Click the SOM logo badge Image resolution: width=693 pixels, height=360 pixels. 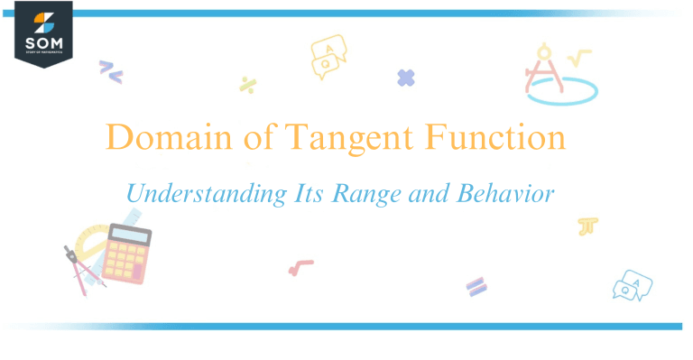pyautogui.click(x=42, y=33)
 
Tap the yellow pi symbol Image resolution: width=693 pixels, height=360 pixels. pyautogui.click(x=589, y=226)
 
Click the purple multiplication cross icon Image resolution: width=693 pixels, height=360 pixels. pyautogui.click(x=406, y=78)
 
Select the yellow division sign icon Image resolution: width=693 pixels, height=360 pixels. pyautogui.click(x=247, y=85)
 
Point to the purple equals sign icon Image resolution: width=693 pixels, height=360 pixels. pyautogui.click(x=476, y=286)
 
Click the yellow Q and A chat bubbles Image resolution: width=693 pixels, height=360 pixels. pyautogui.click(x=328, y=56)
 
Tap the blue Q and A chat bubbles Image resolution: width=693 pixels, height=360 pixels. pyautogui.click(x=631, y=285)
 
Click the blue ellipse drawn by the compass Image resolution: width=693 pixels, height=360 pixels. pyautogui.click(x=562, y=89)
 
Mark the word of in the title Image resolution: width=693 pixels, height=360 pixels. pyautogui.click(x=257, y=139)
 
